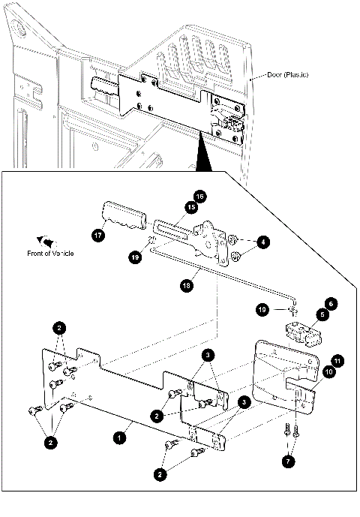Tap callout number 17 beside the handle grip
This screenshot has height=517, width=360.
click(98, 235)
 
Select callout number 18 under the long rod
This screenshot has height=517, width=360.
click(184, 284)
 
